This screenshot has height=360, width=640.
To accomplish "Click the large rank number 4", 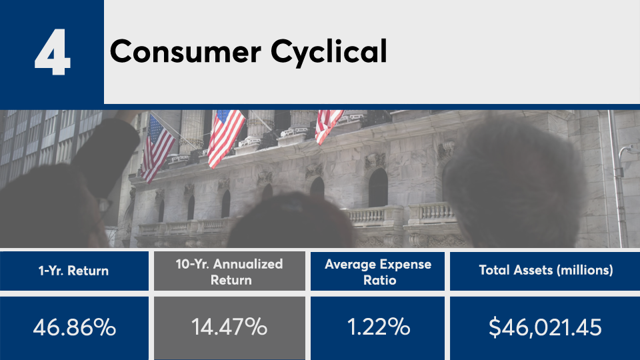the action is tap(53, 52).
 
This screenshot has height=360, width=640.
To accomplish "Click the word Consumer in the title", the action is tap(186, 51).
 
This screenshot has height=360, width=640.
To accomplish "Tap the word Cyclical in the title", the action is tap(329, 52).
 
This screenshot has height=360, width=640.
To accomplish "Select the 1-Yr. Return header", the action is tap(73, 271).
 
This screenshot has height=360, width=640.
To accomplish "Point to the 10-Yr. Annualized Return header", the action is tap(229, 272).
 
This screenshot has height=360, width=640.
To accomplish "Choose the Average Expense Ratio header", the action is tap(378, 272).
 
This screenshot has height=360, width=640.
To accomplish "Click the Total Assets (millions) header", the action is tap(546, 270).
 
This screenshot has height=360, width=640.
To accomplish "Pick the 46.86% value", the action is tap(74, 327).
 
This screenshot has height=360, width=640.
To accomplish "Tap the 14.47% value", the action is tap(229, 327).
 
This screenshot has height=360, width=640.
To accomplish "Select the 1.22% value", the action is tap(379, 327).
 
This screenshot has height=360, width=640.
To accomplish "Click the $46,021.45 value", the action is tap(545, 328).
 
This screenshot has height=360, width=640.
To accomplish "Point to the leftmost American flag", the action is tap(157, 148).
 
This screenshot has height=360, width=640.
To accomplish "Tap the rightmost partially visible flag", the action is tap(328, 125).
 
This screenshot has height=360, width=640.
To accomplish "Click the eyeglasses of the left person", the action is tap(104, 208).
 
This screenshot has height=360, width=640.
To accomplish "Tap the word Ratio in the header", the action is tap(379, 281).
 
